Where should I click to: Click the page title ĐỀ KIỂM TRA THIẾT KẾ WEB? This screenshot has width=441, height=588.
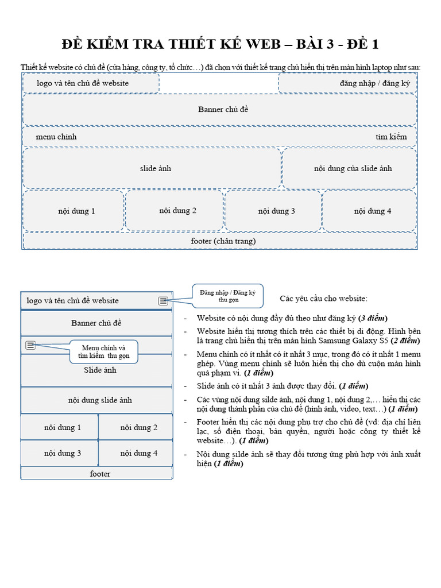pyautogui.click(x=220, y=45)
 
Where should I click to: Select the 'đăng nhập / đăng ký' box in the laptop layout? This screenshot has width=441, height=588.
pyautogui.click(x=347, y=83)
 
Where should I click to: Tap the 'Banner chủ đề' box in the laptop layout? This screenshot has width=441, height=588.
pyautogui.click(x=220, y=109)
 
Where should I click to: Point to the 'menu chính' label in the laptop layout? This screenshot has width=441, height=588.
pyautogui.click(x=56, y=137)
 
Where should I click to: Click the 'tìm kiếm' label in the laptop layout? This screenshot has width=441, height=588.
pyautogui.click(x=391, y=137)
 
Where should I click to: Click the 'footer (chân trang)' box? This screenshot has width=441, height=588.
pyautogui.click(x=220, y=241)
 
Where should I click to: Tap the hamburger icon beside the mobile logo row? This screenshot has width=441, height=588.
pyautogui.click(x=164, y=300)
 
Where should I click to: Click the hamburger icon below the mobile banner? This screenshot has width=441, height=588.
pyautogui.click(x=30, y=345)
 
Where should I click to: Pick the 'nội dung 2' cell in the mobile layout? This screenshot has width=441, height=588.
pyautogui.click(x=136, y=427)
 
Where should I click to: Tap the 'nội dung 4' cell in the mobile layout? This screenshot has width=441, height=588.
pyautogui.click(x=136, y=453)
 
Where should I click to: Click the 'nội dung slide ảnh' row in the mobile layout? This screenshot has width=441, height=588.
pyautogui.click(x=96, y=400)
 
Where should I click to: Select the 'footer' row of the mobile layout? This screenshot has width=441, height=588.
pyautogui.click(x=96, y=474)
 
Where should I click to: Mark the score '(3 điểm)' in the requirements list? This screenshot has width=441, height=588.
pyautogui.click(x=373, y=318)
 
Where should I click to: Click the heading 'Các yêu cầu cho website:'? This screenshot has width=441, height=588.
pyautogui.click(x=324, y=299)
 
